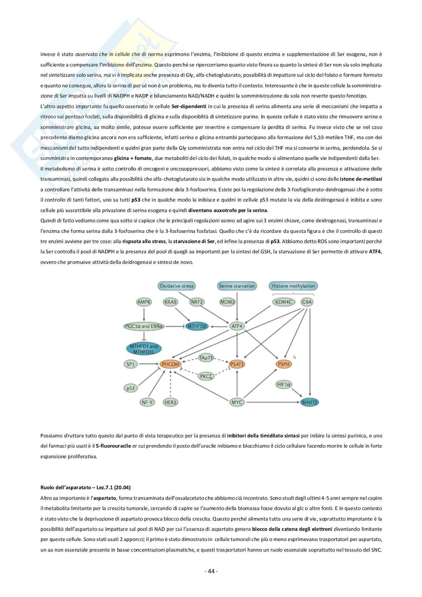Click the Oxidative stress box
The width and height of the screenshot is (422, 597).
tap(176, 286)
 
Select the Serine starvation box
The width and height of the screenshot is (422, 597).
tap(237, 286)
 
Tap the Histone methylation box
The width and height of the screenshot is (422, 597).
tap(293, 286)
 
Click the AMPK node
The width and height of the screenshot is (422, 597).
tap(144, 302)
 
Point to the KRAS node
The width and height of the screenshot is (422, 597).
tap(171, 302)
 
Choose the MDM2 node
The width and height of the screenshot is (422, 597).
tap(227, 302)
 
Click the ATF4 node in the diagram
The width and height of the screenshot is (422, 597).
tap(237, 326)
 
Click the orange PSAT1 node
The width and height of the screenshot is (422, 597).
tap(237, 364)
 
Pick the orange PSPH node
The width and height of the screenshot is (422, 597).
tap(284, 364)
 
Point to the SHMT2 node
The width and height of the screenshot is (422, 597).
tap(310, 402)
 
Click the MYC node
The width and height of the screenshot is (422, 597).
tap(237, 402)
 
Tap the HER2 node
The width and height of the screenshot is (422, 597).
tap(171, 402)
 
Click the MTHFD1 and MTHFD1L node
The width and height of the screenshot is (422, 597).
tap(144, 348)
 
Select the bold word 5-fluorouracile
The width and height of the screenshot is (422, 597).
tap(113, 446)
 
